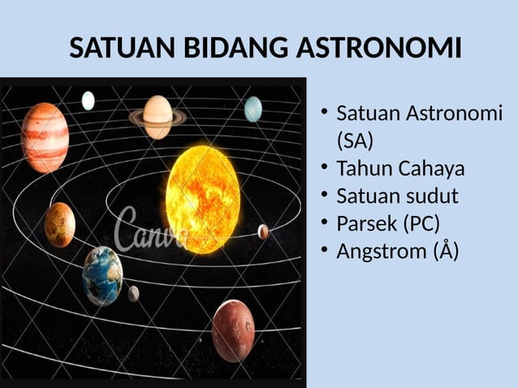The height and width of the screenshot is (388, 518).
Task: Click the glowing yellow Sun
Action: (202, 188)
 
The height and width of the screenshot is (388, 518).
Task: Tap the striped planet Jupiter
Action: (44, 137)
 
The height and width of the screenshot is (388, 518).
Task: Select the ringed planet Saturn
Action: (158, 116)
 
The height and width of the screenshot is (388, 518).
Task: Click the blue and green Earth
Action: (102, 275)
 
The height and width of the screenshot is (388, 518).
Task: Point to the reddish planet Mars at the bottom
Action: (233, 330)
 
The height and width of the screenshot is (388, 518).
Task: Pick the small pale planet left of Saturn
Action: (88, 101)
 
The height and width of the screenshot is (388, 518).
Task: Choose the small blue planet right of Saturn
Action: (253, 109)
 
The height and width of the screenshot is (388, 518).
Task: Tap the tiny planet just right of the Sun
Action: (263, 231)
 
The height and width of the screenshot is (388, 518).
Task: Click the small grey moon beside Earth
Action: (133, 293)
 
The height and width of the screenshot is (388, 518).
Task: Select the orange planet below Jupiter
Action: (60, 225)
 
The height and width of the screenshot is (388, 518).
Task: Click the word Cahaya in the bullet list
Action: (430, 169)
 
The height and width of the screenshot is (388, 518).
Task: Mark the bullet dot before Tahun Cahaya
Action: (323, 168)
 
